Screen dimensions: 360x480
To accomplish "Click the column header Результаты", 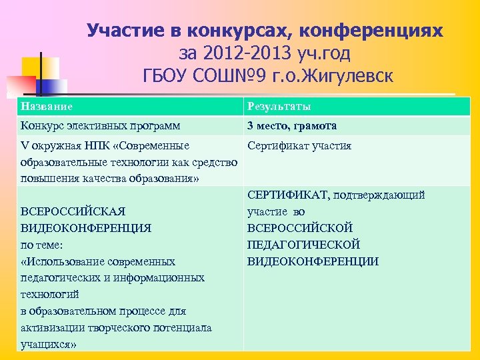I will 279,107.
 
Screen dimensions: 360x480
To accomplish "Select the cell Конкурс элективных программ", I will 100,126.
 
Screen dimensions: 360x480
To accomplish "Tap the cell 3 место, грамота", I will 291,126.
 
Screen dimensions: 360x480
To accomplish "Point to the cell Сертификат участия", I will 299,146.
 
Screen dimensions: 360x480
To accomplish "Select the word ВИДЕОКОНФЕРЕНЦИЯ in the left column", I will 86,228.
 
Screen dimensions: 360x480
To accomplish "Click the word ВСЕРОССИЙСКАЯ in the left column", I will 73,211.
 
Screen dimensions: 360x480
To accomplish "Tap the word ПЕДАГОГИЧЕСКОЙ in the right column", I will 304,245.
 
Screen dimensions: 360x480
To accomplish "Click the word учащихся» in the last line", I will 49,345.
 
